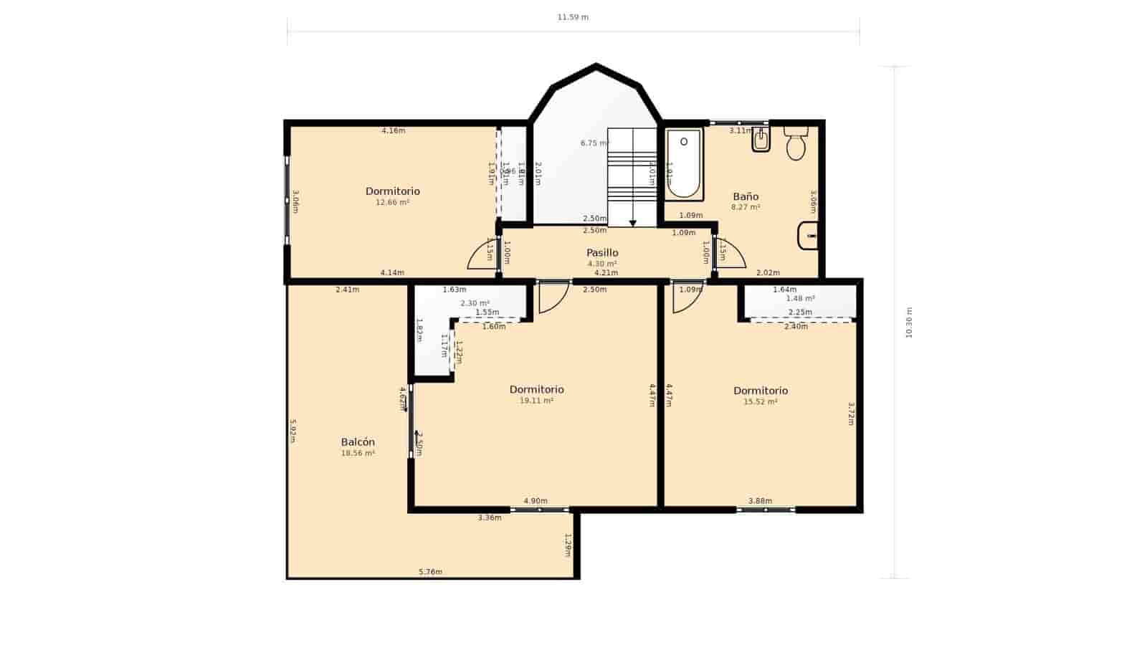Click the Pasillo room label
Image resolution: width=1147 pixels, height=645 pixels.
point(602,253)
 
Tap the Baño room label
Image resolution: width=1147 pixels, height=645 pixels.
point(746,196)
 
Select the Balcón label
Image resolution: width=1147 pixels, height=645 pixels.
point(358,442)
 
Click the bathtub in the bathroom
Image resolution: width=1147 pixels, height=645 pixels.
point(683,164)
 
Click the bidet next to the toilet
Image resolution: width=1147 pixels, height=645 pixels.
point(761,141)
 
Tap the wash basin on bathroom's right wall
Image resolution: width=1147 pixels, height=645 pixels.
point(809,236)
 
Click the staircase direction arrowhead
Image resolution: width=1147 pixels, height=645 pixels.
point(633,224)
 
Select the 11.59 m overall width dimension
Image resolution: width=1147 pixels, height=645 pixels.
point(573,17)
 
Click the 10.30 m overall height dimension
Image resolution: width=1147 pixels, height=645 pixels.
point(909,322)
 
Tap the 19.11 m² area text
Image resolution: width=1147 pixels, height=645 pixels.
point(536,401)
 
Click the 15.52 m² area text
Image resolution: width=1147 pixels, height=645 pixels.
point(761,402)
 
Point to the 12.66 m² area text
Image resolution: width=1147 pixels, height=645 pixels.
point(393,203)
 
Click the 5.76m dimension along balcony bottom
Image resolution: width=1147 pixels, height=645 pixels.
point(430,572)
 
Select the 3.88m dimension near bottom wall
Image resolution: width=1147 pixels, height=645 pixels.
point(760,501)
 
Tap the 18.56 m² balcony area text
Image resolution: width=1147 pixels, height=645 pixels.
point(358,454)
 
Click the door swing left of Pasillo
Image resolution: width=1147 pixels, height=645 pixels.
point(482,257)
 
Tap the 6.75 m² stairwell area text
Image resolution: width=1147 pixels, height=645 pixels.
point(594,143)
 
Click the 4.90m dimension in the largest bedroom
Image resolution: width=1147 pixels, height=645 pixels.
point(536,501)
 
